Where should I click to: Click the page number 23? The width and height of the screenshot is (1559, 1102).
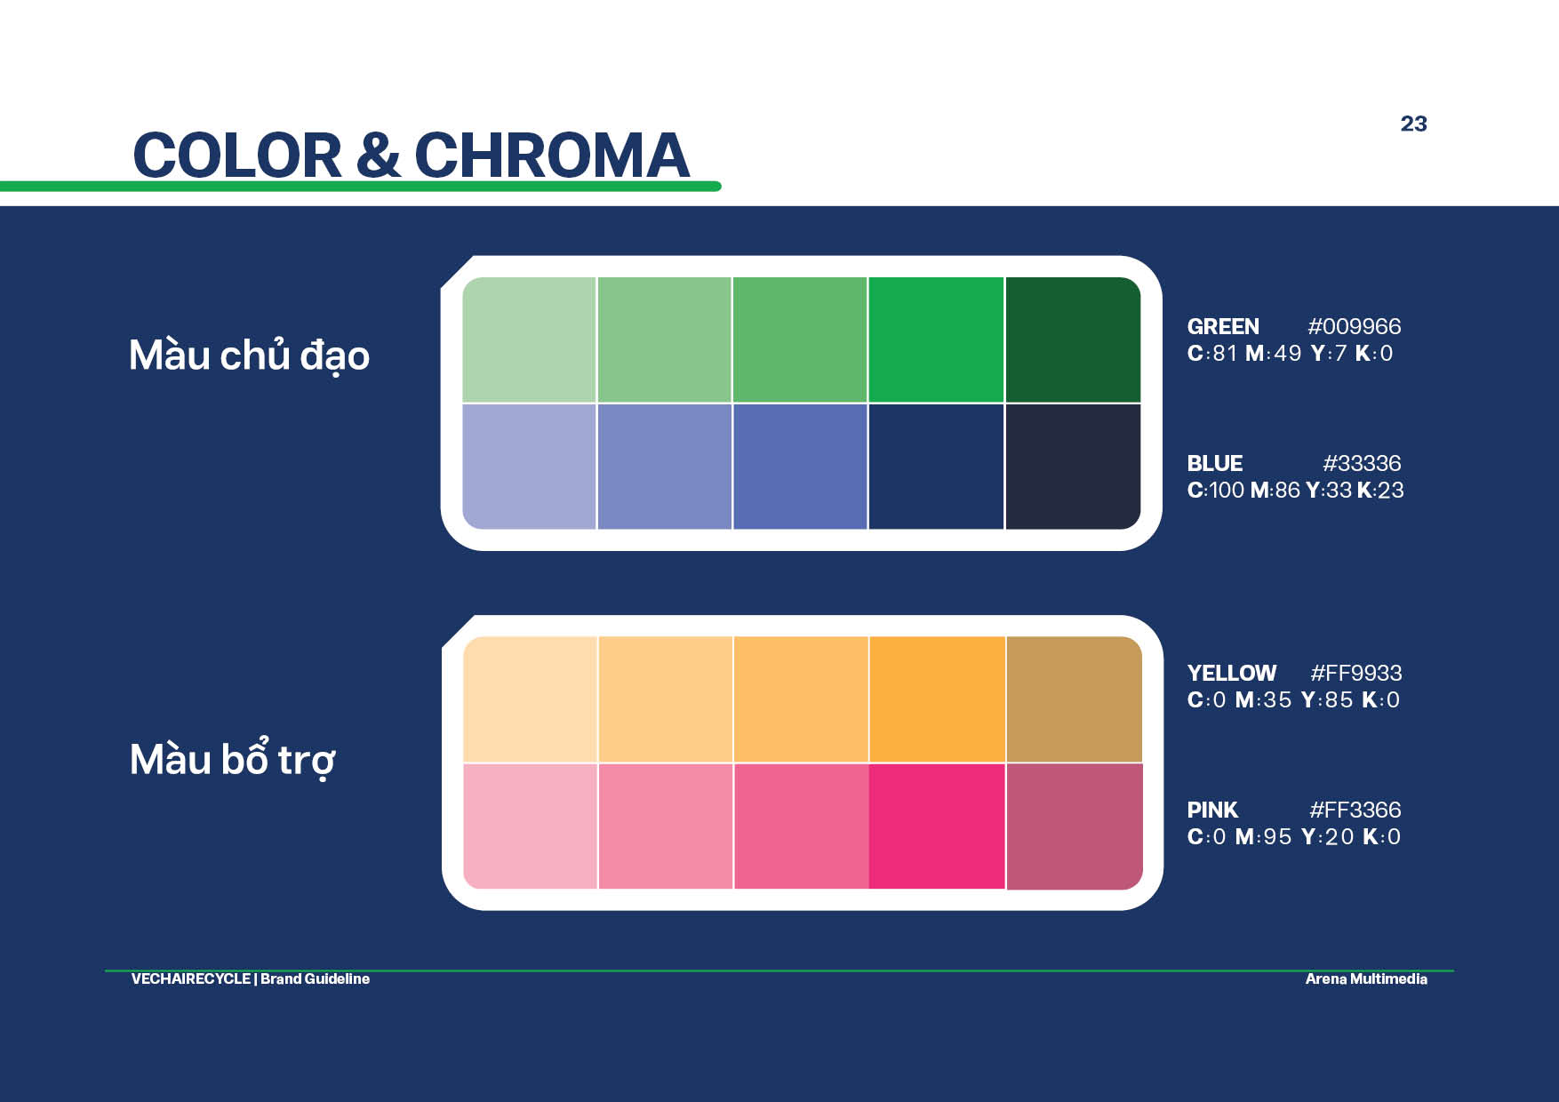tap(1413, 124)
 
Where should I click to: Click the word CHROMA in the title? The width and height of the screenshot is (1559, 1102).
tap(552, 156)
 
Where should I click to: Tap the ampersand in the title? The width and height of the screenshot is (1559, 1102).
tap(378, 155)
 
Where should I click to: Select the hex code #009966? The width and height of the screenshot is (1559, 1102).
tap(1354, 326)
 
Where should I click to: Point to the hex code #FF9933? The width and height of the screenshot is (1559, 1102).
tap(1355, 673)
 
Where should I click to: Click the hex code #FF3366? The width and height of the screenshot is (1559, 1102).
tap(1355, 810)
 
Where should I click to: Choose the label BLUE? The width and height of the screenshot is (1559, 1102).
tap(1214, 463)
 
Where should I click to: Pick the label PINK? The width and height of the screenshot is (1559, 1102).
tap(1212, 810)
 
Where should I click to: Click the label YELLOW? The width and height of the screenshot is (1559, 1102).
tap(1232, 673)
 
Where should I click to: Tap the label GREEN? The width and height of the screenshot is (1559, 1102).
tap(1223, 326)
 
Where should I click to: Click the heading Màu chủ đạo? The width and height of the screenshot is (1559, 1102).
tap(249, 355)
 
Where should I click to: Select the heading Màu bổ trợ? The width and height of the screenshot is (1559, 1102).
tap(233, 759)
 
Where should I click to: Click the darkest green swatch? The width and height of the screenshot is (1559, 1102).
tap(1073, 339)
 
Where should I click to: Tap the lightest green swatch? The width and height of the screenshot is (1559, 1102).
tap(529, 339)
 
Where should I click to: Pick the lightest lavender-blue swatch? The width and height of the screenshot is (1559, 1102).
tap(529, 467)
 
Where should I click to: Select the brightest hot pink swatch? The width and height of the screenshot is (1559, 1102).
tap(937, 826)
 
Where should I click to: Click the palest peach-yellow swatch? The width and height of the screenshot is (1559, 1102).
tap(530, 699)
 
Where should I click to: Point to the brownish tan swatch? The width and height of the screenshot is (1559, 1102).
tap(1074, 699)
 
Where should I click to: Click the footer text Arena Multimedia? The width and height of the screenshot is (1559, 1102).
tap(1366, 978)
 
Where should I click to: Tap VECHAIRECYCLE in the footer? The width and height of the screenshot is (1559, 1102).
tap(191, 978)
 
